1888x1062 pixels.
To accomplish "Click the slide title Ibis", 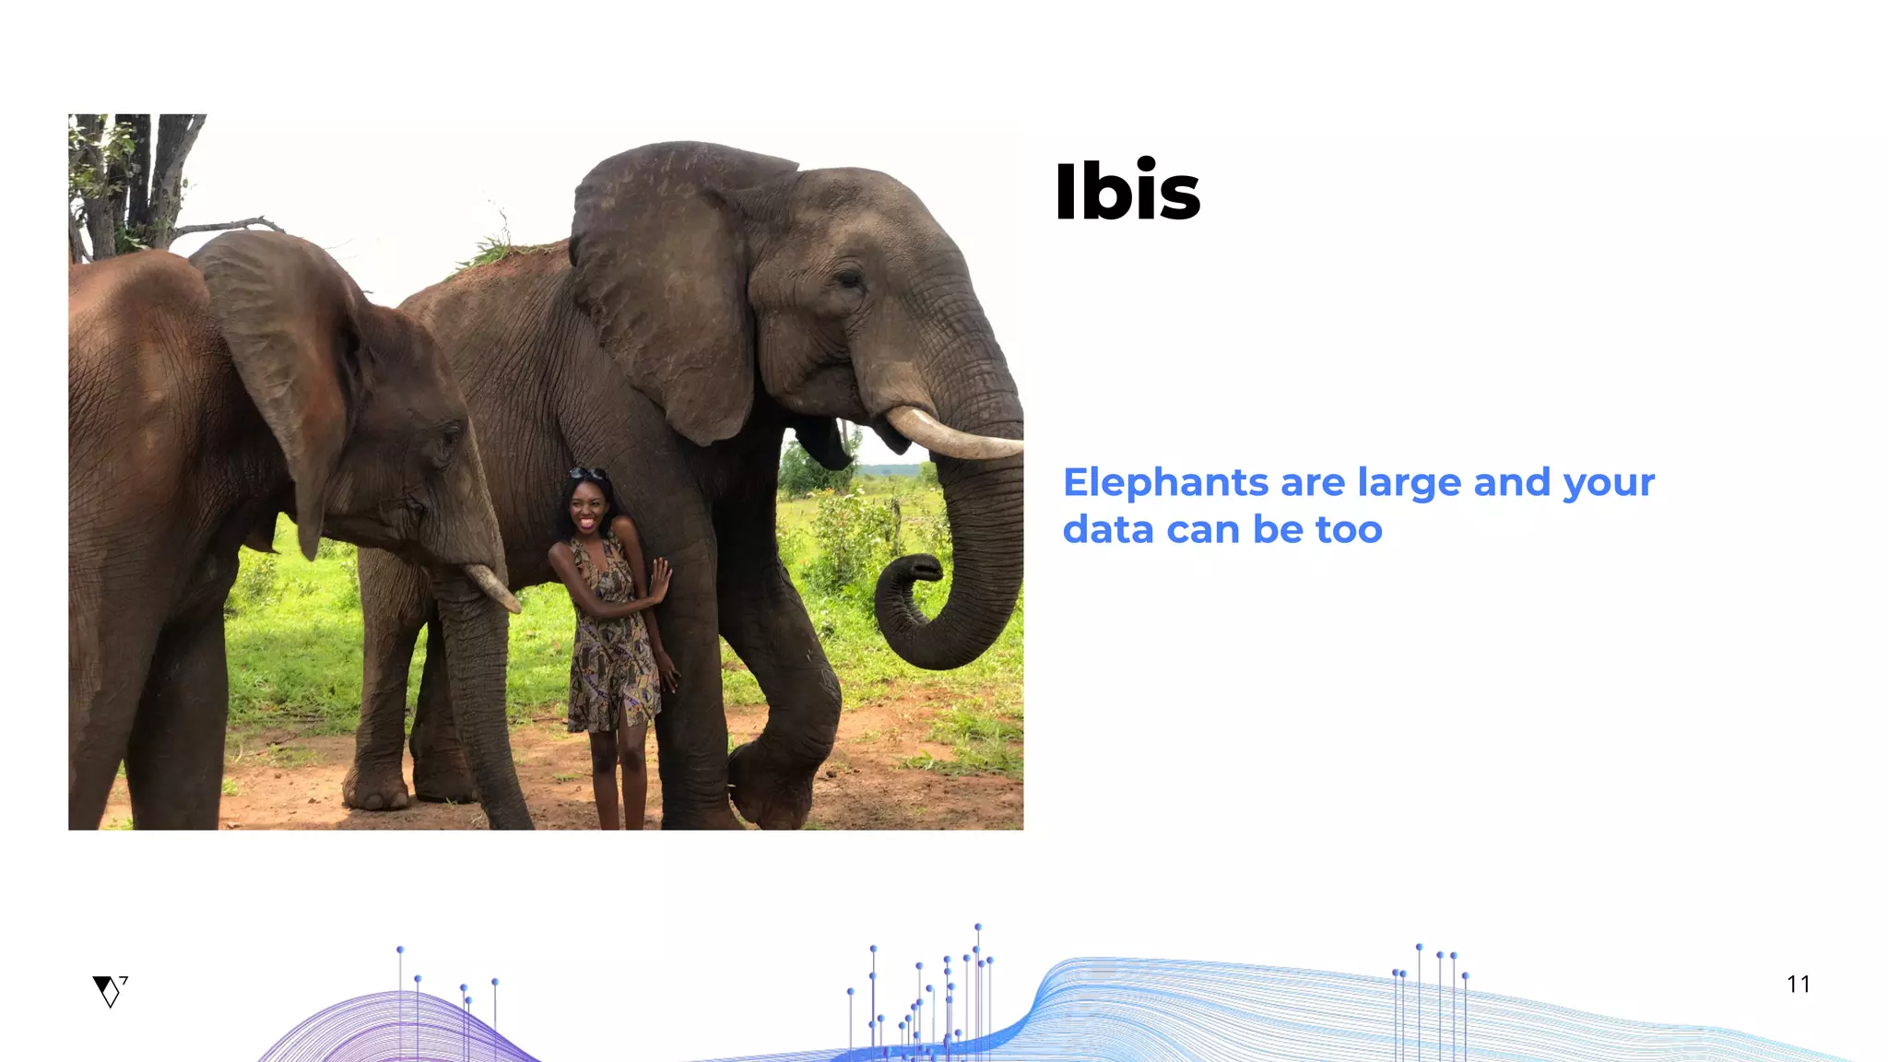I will point(1127,192).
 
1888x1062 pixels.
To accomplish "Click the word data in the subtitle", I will point(1107,530).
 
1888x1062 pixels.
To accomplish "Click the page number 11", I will point(1798,985).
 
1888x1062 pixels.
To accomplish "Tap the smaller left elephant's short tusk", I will point(494,587).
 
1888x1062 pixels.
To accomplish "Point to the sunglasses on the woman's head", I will point(587,474).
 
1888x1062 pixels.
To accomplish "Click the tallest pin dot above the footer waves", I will point(978,927).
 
